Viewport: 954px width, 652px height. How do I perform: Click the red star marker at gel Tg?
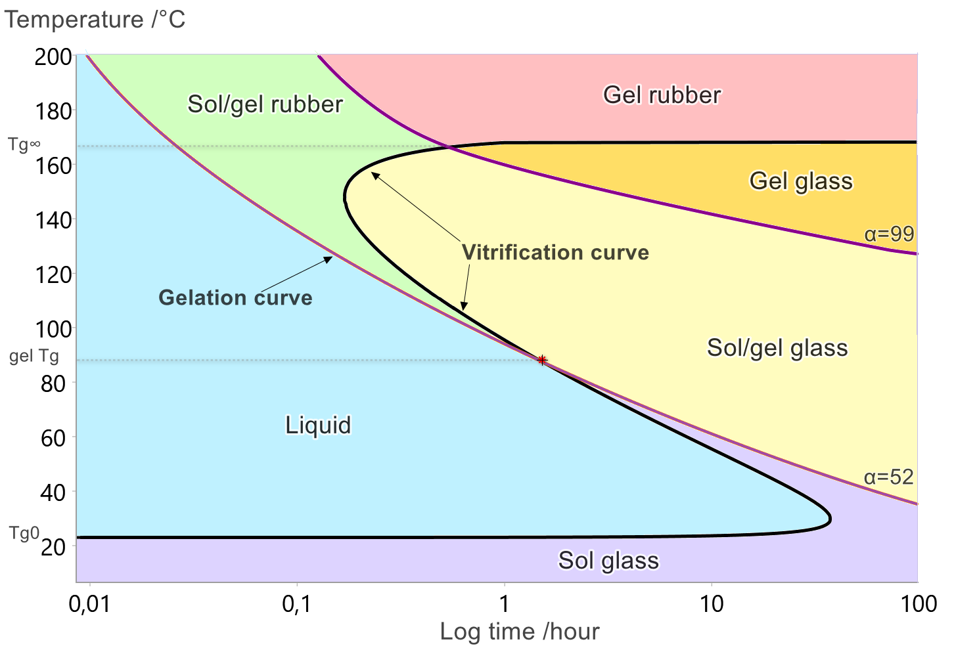(x=542, y=360)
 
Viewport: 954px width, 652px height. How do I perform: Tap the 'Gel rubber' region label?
(x=662, y=95)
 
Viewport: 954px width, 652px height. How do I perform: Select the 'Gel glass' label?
(x=801, y=181)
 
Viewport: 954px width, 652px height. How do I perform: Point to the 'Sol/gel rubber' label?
(x=265, y=104)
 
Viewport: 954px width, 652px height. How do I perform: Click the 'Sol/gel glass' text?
(x=777, y=348)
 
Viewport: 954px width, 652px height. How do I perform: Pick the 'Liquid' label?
(x=318, y=425)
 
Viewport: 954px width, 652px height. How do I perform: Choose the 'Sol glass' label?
(x=608, y=561)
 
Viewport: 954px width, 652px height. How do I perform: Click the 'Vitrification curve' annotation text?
(x=555, y=253)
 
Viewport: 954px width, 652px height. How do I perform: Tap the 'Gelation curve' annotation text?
(x=235, y=298)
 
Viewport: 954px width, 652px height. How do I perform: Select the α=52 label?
(x=889, y=477)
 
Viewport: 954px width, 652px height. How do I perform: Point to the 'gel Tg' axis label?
(x=34, y=357)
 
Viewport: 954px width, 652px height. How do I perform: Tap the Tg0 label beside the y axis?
(x=24, y=533)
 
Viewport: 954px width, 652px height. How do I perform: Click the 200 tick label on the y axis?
(x=53, y=57)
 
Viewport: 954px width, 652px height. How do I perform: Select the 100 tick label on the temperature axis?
(x=53, y=329)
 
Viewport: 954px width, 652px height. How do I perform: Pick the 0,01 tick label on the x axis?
(x=89, y=603)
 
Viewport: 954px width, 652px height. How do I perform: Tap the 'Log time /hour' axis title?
(x=519, y=632)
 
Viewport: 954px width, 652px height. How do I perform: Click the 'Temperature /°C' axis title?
(x=95, y=20)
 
